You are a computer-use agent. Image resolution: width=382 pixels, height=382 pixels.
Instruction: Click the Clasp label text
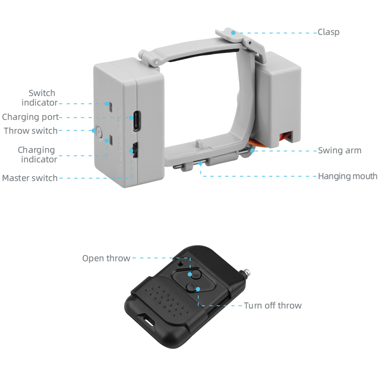(329, 32)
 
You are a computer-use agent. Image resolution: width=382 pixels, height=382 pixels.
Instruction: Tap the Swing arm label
(340, 150)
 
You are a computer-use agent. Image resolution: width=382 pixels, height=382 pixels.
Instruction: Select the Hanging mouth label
(348, 176)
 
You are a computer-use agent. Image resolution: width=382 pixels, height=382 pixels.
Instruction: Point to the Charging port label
(31, 117)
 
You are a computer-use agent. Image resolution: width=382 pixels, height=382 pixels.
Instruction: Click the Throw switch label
(31, 131)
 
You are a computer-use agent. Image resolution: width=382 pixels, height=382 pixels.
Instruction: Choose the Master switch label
(30, 178)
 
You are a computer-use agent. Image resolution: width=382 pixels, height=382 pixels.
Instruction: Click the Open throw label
(106, 258)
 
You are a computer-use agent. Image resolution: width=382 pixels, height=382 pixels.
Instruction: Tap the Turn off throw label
(273, 306)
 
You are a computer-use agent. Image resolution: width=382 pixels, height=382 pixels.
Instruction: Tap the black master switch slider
(134, 150)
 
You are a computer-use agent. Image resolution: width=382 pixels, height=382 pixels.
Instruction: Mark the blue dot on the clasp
(233, 32)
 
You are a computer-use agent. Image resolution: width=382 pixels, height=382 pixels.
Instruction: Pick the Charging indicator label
(38, 155)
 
